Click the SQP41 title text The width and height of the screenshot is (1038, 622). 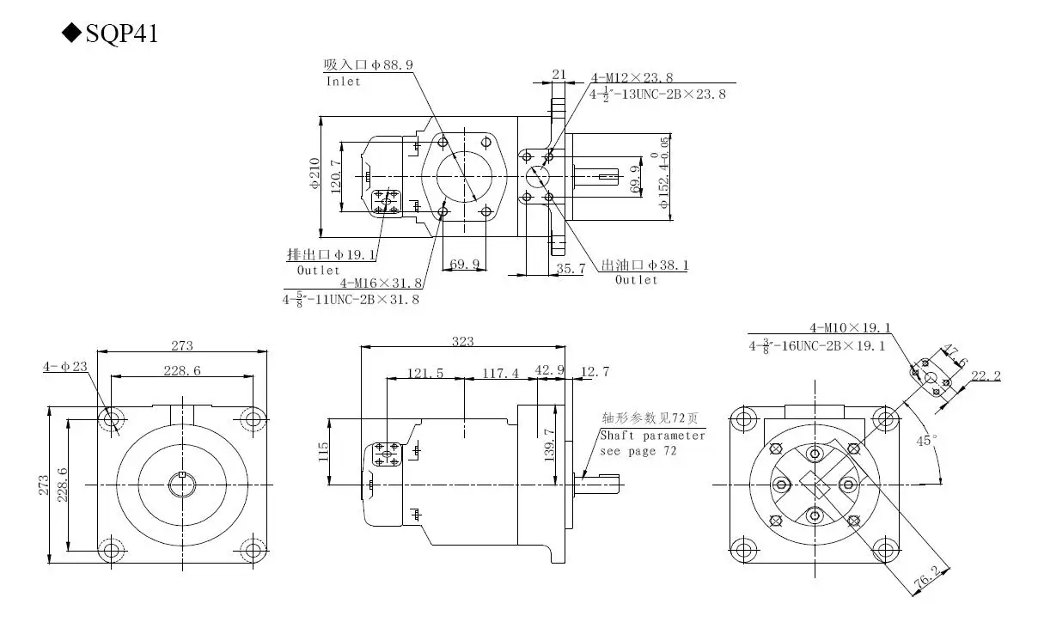(120, 34)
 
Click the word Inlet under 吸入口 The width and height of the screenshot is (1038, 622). (343, 82)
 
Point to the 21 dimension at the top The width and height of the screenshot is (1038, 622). (559, 75)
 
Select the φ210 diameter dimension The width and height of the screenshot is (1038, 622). (314, 173)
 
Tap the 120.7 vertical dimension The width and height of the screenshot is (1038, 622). (336, 174)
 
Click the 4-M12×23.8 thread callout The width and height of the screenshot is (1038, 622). (632, 78)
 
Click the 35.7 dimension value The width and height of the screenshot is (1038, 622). (570, 268)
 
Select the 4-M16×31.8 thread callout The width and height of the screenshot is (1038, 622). (381, 283)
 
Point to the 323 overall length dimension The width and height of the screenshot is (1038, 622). (462, 341)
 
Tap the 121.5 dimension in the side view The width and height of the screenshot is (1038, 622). (425, 373)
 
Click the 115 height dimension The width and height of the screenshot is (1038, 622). (324, 451)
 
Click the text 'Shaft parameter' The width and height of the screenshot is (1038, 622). (652, 436)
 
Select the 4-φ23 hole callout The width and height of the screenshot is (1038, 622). (65, 367)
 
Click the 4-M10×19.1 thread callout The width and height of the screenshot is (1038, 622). (850, 327)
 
